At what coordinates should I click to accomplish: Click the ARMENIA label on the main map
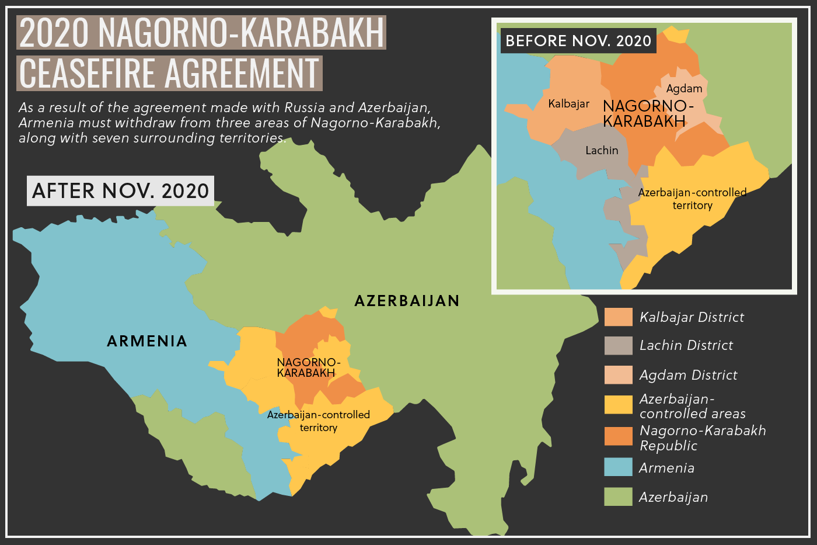147,341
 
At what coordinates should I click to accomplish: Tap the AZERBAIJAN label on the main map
407,301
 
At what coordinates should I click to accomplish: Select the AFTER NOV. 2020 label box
121,191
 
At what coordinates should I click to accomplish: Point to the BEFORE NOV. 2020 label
578,41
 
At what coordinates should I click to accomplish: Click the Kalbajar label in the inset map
568,104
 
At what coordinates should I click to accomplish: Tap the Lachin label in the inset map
602,151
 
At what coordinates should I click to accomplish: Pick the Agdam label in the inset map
684,89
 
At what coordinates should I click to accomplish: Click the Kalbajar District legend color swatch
618,317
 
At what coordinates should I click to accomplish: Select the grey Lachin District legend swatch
618,346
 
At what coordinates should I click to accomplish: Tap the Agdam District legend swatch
618,375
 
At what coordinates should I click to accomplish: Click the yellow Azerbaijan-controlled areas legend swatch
618,405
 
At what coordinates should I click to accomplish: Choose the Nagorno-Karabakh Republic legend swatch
618,436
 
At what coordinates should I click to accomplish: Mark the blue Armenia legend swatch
618,467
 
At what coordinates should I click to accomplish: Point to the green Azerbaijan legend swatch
618,497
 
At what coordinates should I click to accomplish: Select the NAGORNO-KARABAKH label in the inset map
648,113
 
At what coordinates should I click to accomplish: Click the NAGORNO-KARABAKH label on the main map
308,367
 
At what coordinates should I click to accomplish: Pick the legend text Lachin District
686,346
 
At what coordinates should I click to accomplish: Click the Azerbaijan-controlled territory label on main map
319,421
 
